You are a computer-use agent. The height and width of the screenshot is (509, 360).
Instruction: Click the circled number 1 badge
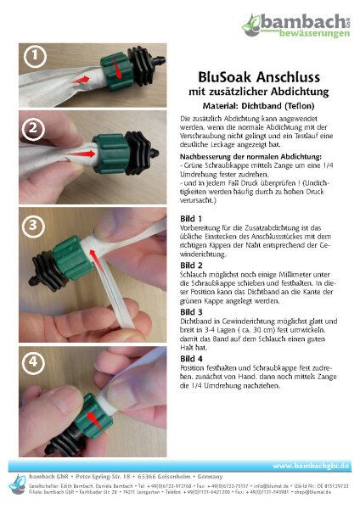[x=33, y=57]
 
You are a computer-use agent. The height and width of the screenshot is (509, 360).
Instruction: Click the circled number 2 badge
[x=33, y=129]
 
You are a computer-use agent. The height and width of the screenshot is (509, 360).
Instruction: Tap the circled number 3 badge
[x=33, y=226]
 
